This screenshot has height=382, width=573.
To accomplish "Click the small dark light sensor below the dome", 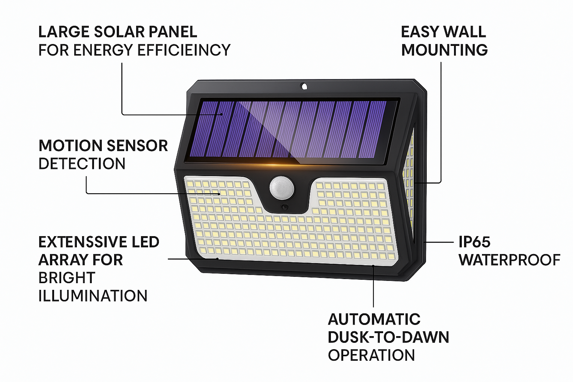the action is [284, 207].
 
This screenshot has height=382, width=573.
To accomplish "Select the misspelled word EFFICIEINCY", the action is [184, 50].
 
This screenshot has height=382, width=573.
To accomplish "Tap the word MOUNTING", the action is [444, 50].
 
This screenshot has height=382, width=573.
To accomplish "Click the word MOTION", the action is [71, 145].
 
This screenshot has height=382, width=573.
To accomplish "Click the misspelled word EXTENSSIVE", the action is [82, 242].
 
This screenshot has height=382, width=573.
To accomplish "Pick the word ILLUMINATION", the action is [93, 296].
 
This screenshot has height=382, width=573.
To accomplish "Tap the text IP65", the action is [475, 242].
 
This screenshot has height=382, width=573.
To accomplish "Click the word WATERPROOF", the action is [510, 260].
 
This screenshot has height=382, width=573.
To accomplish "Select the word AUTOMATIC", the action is [374, 319].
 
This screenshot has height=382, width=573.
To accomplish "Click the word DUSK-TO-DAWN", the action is [389, 337].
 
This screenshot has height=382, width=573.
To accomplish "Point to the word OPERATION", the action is [372, 355].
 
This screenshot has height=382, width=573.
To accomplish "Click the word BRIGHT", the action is [67, 278].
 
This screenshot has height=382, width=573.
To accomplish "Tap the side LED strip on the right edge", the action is [408, 179].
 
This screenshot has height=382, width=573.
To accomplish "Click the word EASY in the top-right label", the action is [419, 32].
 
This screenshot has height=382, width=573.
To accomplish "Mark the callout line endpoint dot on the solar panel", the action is [222, 115].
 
